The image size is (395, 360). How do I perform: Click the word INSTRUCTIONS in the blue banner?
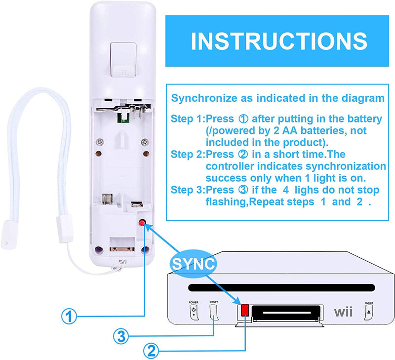[x=279, y=41]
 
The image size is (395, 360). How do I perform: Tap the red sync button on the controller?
[x=142, y=222]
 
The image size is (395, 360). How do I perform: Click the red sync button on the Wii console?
[x=245, y=310]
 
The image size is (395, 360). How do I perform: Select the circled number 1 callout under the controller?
[x=69, y=316]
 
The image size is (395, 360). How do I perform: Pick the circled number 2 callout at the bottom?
[x=151, y=351]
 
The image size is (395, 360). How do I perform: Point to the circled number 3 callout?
[x=121, y=336]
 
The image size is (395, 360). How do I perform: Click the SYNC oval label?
[x=194, y=264]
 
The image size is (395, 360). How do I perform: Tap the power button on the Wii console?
[x=194, y=312]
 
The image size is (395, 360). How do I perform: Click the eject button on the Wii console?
[x=369, y=312]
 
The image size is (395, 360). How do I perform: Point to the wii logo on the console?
[x=343, y=312]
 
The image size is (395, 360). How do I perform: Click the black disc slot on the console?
[x=281, y=287]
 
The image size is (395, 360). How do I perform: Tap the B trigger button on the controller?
[x=123, y=60]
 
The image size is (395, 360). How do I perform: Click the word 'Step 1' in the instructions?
[x=187, y=119]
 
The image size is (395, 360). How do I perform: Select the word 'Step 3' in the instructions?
[x=187, y=190]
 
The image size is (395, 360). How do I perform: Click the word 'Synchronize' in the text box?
[x=204, y=98]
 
